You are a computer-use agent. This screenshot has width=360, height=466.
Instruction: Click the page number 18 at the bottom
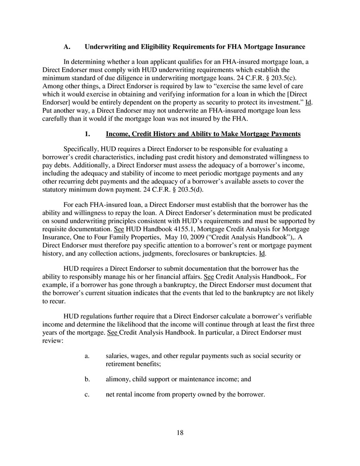tap(180, 433)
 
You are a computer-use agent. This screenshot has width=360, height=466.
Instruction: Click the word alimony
tap(118, 379)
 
